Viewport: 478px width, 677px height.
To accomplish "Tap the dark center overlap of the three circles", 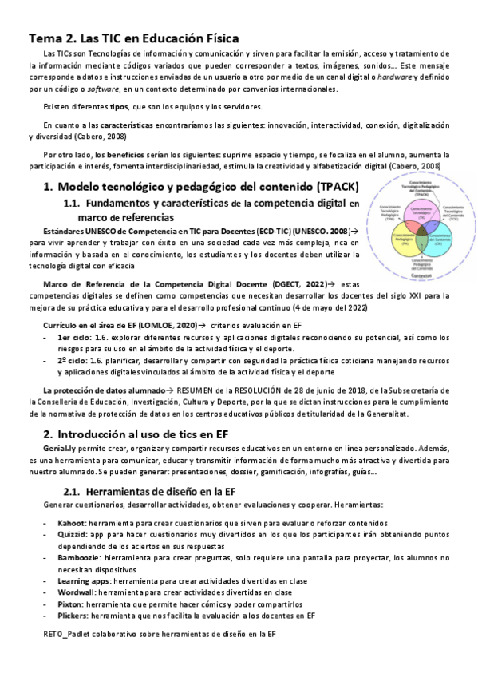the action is [x=419, y=228].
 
